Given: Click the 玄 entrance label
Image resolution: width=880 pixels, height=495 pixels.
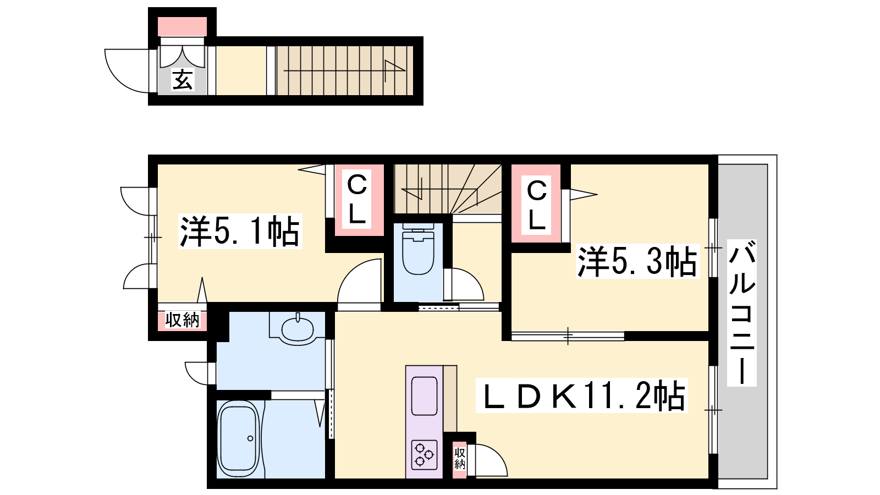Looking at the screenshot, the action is pos(183,80).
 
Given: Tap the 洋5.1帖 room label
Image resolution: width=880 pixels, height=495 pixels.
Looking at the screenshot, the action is pos(240,232).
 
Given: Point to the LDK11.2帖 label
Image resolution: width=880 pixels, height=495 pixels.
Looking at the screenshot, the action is pos(582,395).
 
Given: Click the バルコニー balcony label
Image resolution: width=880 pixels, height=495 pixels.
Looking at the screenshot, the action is pos(742,313).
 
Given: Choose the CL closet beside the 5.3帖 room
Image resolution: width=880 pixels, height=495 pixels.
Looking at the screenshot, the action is pos(536,205).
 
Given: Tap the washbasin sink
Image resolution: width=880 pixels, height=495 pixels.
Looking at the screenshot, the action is pos(298,329).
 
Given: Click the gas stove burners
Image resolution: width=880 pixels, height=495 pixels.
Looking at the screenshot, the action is pos(424,455).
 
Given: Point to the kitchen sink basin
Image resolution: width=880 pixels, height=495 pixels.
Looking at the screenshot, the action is pos(424,396).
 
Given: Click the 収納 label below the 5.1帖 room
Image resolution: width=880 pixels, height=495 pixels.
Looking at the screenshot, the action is pos(182,320).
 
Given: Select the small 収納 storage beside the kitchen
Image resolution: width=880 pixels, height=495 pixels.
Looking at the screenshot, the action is pos(460,459).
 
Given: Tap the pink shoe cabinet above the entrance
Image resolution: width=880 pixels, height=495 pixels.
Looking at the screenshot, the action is pos(182,27).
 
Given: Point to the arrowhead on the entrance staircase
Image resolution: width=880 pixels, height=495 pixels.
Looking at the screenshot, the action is pos(394,67).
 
